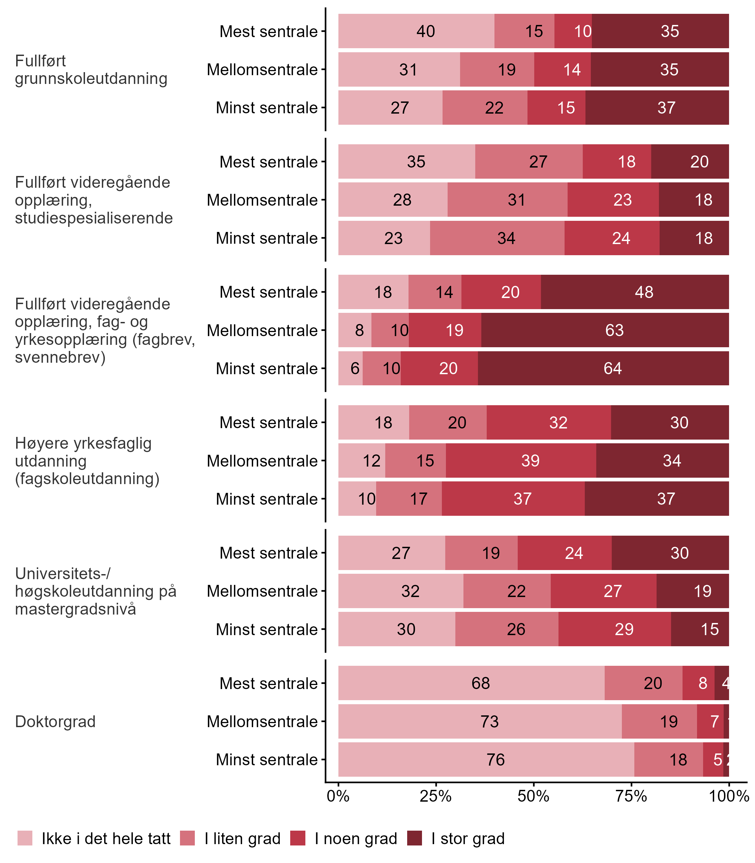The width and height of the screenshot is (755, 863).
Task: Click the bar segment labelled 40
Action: (416, 31)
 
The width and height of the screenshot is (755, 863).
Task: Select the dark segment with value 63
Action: (605, 330)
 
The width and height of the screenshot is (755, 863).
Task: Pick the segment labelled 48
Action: (634, 292)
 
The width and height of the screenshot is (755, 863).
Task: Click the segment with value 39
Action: (521, 460)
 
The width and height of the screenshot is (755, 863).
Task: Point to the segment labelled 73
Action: (480, 721)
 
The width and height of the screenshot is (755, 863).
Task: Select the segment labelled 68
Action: (471, 683)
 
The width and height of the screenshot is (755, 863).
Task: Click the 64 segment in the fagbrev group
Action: (603, 368)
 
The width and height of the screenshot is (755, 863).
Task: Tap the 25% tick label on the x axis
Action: (435, 796)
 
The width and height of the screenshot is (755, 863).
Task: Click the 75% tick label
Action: (631, 796)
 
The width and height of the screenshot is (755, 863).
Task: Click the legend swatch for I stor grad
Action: (415, 838)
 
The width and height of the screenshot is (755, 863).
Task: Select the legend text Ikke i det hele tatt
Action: (106, 839)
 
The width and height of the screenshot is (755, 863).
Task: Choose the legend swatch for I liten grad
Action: (187, 838)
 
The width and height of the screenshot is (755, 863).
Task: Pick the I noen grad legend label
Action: (356, 839)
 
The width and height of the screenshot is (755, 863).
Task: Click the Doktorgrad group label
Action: (55, 721)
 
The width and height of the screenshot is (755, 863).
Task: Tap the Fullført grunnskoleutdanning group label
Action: (91, 69)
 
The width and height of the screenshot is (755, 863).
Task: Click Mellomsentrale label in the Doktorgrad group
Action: (262, 721)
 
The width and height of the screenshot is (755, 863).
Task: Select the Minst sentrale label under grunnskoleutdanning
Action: (267, 108)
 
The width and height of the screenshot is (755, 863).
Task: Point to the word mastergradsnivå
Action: (75, 609)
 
